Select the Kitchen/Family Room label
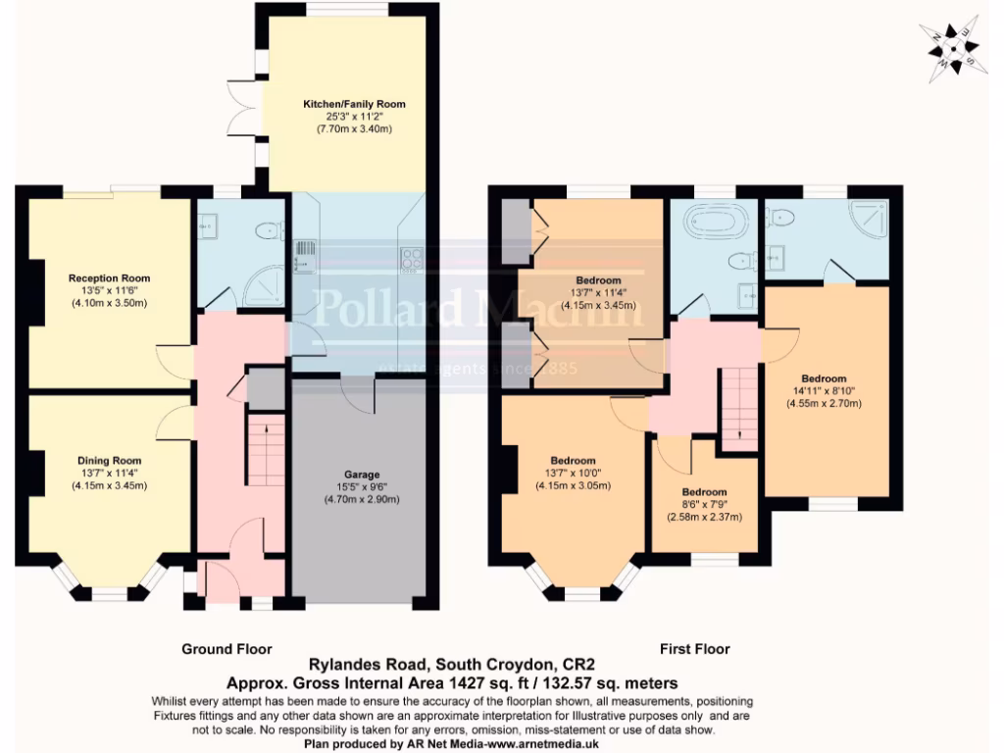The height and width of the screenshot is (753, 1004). [354, 104]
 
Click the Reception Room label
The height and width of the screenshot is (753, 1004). [109, 277]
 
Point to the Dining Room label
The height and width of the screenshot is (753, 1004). [109, 460]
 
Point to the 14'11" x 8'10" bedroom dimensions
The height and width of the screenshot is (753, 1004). [824, 391]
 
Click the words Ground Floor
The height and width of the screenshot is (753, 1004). [226, 649]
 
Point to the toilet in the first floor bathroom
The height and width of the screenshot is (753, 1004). [742, 260]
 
